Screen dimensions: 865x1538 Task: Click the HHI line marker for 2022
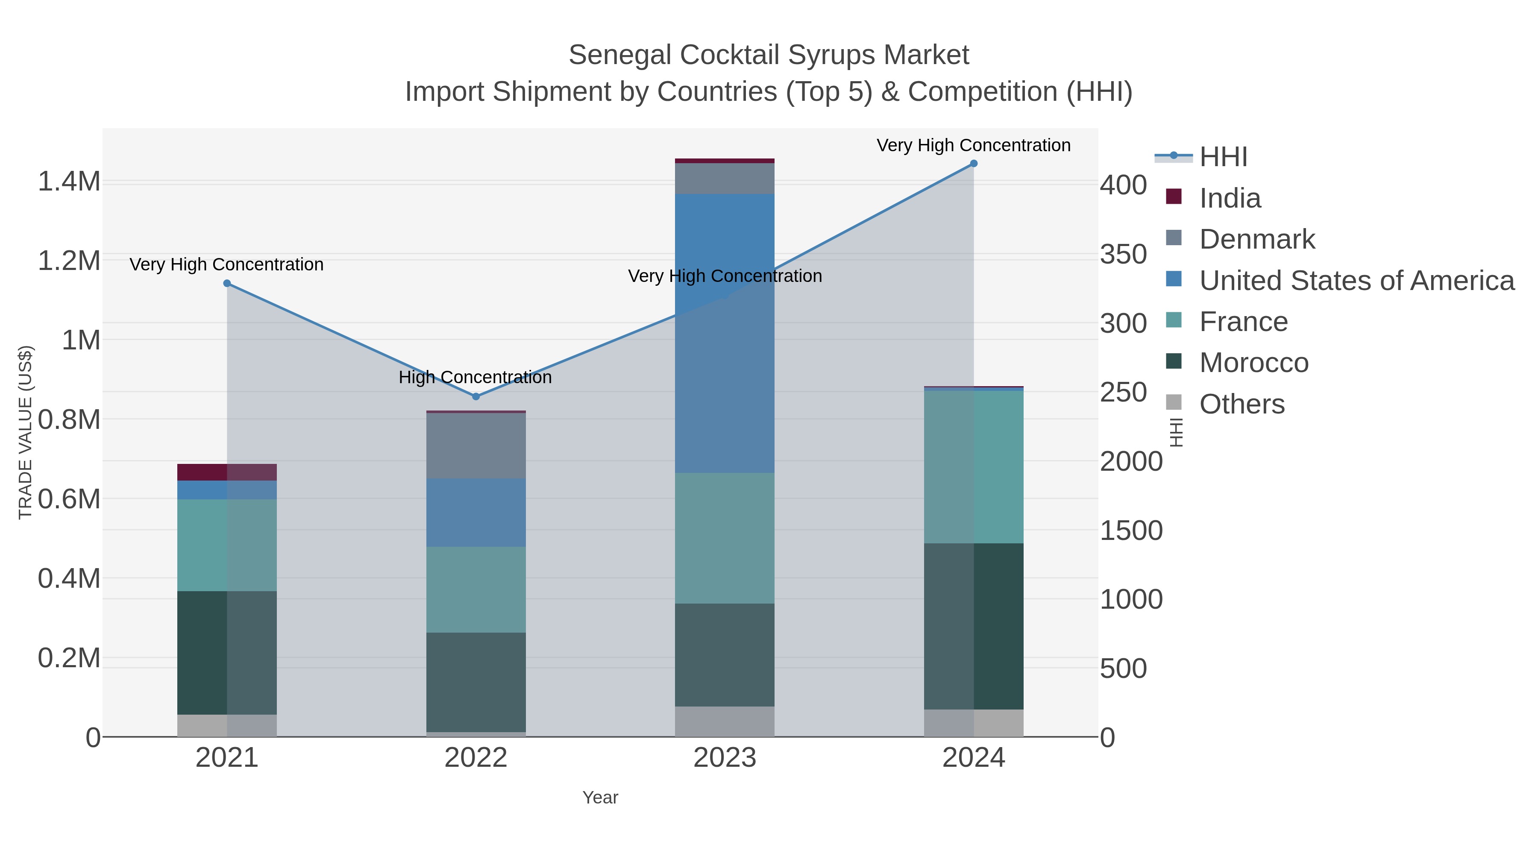click(x=476, y=396)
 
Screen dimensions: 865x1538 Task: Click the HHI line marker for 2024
click(x=974, y=164)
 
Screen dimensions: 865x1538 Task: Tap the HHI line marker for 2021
click(x=227, y=284)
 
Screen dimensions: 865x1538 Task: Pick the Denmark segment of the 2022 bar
click(x=476, y=446)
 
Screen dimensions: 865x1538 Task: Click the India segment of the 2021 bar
click(x=227, y=472)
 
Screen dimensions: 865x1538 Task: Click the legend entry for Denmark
click(x=1257, y=239)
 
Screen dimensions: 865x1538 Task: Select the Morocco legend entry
click(x=1254, y=363)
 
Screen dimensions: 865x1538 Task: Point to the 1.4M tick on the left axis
click(x=69, y=182)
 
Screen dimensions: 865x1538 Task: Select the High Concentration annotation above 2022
click(x=475, y=377)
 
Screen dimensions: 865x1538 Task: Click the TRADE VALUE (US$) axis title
click(x=25, y=432)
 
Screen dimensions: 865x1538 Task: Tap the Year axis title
click(x=600, y=798)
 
